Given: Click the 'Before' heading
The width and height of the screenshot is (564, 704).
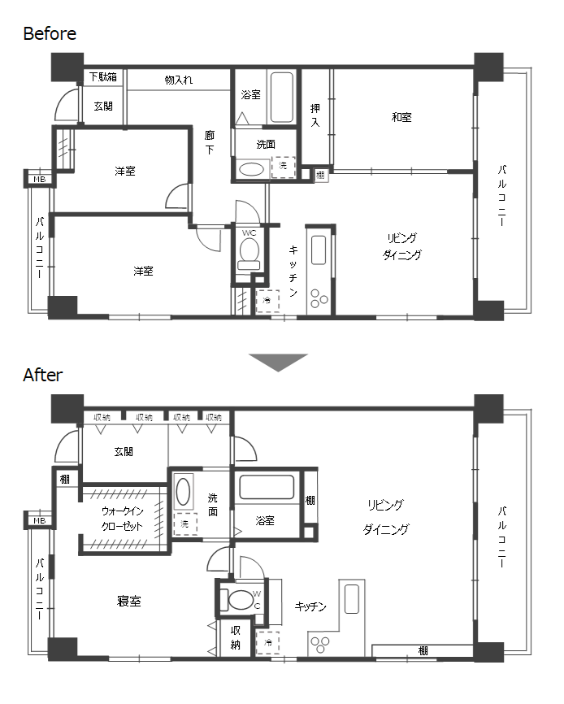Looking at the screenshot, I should click(50, 33).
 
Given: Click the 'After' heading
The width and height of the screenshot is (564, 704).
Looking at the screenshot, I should click(42, 375).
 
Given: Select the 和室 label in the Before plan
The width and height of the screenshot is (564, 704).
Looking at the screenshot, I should click(401, 117).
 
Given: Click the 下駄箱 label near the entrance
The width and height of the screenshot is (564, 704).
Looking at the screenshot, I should click(102, 77).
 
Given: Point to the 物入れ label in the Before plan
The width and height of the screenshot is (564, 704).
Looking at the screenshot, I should click(178, 80).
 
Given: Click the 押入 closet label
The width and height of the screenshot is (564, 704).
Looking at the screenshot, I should click(315, 115).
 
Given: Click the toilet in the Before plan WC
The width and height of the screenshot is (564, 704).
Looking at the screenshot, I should click(249, 249).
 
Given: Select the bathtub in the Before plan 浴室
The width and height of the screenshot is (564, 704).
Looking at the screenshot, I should click(280, 98).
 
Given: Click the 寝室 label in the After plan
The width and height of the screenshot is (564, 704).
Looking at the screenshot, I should click(129, 602).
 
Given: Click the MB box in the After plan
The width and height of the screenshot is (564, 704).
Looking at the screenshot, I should click(37, 520).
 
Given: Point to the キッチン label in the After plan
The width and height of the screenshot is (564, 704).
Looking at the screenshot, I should click(310, 606).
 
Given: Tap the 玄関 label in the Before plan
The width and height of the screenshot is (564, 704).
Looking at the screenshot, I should click(102, 106).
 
